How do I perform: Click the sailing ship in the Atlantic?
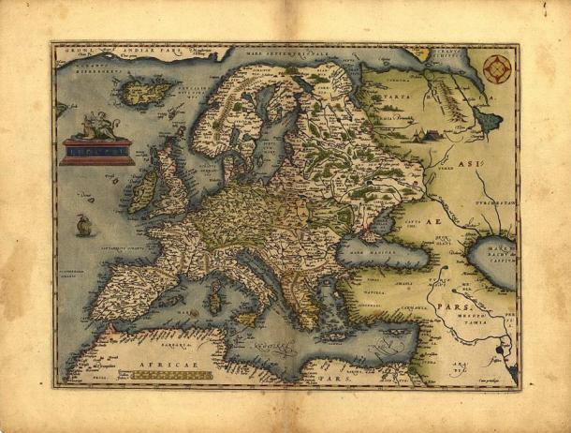point(83,225)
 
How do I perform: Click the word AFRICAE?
point(155,363)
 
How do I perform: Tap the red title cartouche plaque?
point(96,150)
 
